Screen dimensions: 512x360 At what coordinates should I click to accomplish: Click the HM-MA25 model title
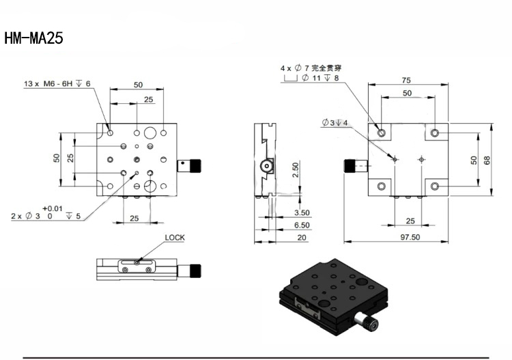[33, 38]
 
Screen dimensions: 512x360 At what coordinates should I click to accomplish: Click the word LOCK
[175, 238]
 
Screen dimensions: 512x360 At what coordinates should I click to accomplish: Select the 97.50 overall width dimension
[410, 237]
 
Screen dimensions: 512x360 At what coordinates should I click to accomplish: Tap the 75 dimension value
[406, 81]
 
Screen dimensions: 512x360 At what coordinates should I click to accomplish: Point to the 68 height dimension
[487, 160]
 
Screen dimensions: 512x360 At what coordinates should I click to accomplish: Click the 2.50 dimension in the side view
[295, 170]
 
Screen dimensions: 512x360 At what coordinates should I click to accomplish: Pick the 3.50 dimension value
[302, 212]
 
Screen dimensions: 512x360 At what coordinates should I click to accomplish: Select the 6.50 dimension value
[302, 225]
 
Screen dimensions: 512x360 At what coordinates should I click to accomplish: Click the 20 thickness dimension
[302, 238]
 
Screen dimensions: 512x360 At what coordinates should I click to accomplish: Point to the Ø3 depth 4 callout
[335, 123]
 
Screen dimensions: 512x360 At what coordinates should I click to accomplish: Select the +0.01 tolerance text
[53, 208]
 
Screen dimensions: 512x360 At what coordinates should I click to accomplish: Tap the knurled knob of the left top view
[196, 165]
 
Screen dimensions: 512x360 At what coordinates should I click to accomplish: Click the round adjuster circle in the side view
[267, 166]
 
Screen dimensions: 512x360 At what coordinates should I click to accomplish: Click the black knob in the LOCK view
[196, 271]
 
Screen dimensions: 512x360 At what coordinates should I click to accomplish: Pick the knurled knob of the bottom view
[350, 165]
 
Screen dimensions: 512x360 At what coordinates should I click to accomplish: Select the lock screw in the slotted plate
[137, 262]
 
